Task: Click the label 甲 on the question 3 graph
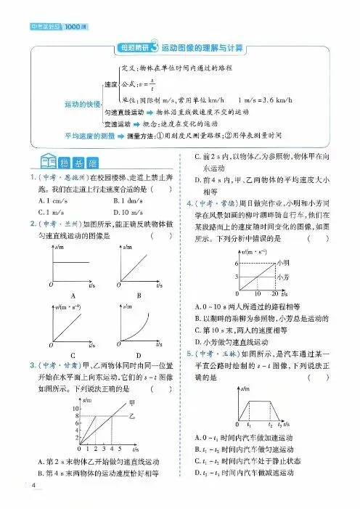131,403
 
